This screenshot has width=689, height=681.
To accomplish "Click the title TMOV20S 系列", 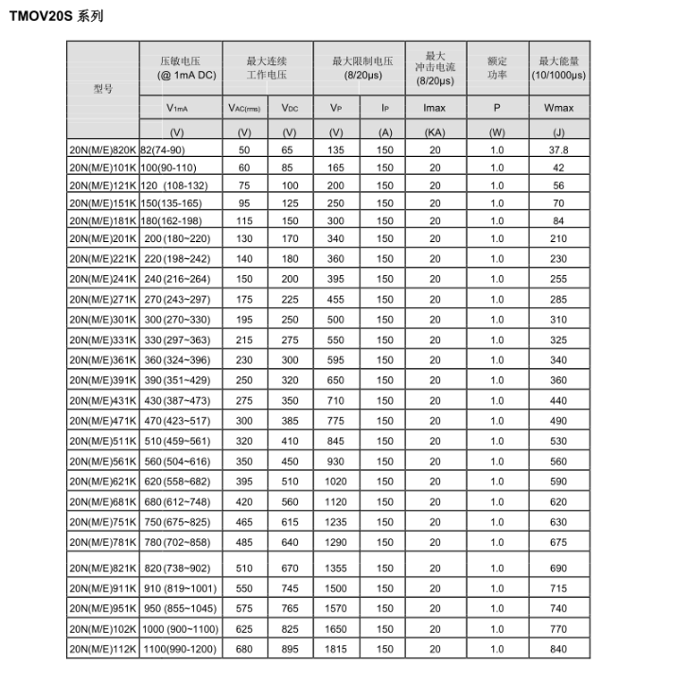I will coord(56,16).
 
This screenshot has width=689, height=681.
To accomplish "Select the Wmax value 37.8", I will coord(558,150).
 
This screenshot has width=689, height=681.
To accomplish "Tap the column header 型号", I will coord(102,88).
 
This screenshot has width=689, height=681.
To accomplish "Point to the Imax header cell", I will coord(434,109).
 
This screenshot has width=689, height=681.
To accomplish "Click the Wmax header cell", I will coord(558,109).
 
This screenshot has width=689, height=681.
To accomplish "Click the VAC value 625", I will coord(244,628).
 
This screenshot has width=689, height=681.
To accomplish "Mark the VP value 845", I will coord(336,440).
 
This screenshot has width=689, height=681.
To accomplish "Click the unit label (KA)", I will coord(434,132).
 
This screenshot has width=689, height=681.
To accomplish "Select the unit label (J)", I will coord(558,132).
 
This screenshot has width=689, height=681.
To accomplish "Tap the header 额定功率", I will coord(497,67).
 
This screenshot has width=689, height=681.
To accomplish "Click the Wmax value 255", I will coord(558,279).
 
